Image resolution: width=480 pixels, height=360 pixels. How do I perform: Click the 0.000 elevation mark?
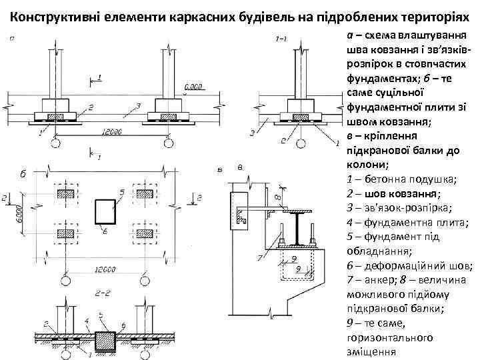(x=195, y=86)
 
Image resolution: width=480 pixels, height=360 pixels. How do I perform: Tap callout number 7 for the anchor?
(x=259, y=257)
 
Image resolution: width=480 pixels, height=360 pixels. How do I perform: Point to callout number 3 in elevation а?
(x=137, y=106)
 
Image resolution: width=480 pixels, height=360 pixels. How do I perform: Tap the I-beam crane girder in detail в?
(x=293, y=226)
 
